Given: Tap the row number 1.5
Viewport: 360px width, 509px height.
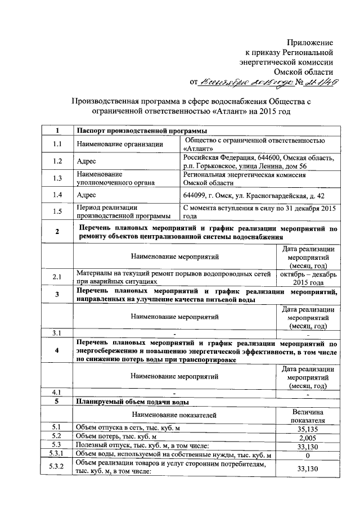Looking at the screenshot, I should point(57,211).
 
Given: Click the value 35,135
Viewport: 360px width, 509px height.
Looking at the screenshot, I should point(307,429).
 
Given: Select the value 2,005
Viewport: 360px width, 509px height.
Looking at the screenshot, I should point(307,437).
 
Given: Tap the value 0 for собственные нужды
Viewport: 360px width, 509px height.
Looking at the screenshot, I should point(307,454).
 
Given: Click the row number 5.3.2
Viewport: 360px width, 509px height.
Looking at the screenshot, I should point(57,467).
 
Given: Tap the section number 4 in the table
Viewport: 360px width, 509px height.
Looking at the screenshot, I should point(57,352).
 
